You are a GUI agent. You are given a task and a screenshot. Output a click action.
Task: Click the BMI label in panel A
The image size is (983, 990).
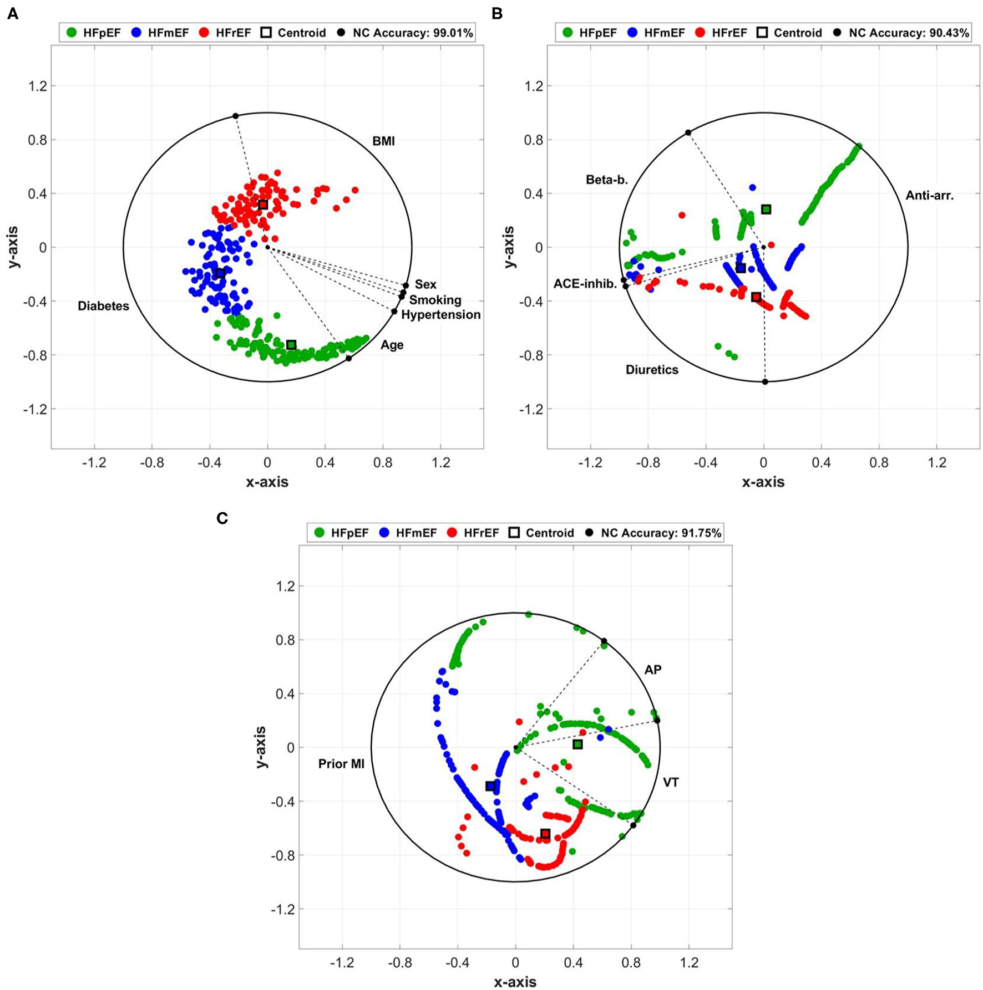(x=383, y=141)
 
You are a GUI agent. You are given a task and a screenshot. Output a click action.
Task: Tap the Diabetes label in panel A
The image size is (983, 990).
(x=103, y=306)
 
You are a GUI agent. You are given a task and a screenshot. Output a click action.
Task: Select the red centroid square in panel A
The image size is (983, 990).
(x=263, y=205)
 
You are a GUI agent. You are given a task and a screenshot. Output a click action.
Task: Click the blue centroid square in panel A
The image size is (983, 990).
(x=220, y=273)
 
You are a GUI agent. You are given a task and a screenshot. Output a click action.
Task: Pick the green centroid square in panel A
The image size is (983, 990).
(x=291, y=345)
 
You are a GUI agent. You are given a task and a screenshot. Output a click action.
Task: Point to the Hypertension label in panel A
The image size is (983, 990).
(x=440, y=315)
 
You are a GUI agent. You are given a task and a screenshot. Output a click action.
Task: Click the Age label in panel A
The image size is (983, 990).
(x=392, y=345)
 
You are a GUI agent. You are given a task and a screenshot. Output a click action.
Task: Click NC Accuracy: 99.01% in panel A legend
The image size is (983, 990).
(x=412, y=33)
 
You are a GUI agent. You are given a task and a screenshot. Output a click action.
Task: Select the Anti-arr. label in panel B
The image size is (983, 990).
(x=929, y=195)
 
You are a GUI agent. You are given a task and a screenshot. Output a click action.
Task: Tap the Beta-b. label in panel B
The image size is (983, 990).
(x=606, y=180)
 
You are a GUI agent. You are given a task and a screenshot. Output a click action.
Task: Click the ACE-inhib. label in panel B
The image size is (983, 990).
(x=585, y=284)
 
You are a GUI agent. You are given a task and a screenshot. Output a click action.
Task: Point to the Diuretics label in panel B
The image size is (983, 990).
(x=652, y=370)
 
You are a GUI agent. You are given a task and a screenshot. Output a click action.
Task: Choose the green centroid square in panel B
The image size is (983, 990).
(x=766, y=209)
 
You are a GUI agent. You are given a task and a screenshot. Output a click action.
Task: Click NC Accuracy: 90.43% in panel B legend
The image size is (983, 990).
(x=908, y=33)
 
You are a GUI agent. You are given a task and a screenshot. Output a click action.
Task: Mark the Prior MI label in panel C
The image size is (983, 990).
(x=341, y=764)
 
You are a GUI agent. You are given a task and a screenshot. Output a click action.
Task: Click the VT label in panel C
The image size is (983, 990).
(x=671, y=783)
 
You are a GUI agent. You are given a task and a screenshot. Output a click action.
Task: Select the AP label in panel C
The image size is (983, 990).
(x=652, y=670)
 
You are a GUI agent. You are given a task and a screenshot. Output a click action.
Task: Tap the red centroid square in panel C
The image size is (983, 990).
(x=545, y=834)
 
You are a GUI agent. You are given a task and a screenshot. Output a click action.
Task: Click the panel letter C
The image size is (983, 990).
(x=222, y=518)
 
